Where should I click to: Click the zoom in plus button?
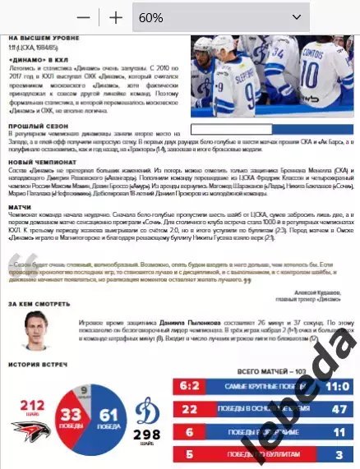pos(116,16)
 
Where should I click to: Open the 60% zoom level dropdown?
pos(219,16)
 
